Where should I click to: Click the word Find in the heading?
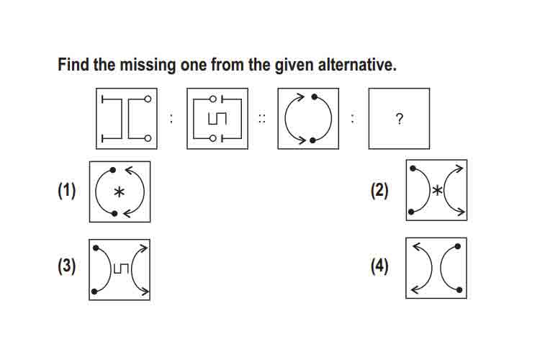tap(73, 65)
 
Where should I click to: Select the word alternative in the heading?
tap(357, 65)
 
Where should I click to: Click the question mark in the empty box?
tap(399, 119)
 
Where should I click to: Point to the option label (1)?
tap(66, 191)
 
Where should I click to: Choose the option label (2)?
tap(379, 191)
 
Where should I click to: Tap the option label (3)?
tap(66, 266)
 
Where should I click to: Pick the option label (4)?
tap(379, 266)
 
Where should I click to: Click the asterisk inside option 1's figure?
tap(119, 192)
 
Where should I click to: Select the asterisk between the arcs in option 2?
tap(437, 191)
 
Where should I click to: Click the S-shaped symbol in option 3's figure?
tap(120, 269)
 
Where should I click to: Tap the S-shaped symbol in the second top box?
tap(217, 119)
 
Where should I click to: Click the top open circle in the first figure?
tap(148, 99)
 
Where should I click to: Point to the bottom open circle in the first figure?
tap(148, 138)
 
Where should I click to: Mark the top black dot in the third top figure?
tap(314, 96)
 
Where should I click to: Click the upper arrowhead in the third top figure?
tap(300, 97)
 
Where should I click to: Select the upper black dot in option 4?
tap(458, 246)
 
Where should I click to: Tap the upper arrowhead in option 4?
tap(418, 247)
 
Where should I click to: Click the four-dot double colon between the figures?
tap(262, 119)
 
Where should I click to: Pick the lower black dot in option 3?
tap(94, 292)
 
